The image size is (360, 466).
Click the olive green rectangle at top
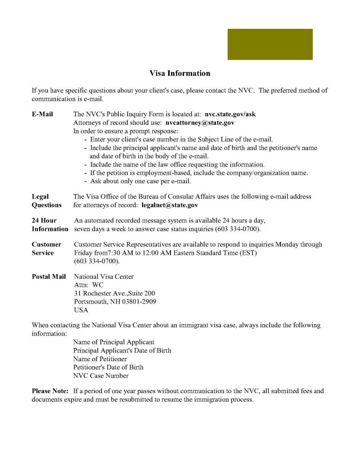[270, 44]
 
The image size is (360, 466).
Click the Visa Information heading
[180, 73]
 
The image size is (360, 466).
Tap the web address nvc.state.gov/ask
[230, 114]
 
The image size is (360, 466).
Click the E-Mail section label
[42, 114]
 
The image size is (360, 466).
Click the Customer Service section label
[46, 249]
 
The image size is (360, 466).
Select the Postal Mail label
[49, 276]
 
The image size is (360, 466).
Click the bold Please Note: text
[50, 391]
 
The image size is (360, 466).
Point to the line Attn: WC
[89, 285]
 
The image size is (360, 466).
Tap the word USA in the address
[81, 310]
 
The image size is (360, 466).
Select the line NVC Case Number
[101, 376]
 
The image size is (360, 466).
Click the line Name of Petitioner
[100, 359]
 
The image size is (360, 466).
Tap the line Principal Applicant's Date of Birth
[122, 350]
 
